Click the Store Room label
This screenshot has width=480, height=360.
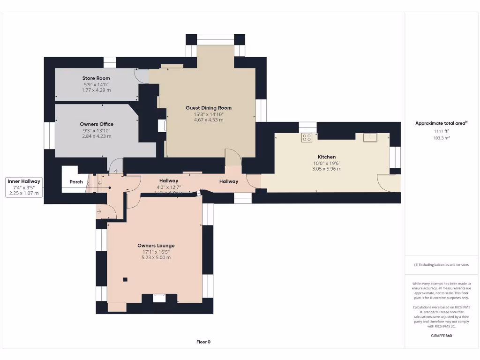point(96,78)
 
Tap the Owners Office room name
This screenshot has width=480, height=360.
point(97,124)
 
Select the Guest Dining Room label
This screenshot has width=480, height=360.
point(209,108)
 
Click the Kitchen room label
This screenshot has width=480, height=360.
point(327,157)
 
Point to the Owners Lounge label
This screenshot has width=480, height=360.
point(156,246)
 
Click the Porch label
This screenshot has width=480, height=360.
point(76,182)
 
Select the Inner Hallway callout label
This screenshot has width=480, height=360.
point(24,181)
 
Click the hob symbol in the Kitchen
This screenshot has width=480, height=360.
point(307,137)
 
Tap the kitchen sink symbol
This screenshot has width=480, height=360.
point(368,137)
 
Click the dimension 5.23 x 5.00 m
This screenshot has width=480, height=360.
point(156,257)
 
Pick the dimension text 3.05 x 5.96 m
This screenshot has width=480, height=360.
point(327,169)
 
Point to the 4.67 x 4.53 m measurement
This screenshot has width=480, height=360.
point(209,120)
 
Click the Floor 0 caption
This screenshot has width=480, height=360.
point(203,342)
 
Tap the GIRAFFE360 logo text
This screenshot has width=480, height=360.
point(441,336)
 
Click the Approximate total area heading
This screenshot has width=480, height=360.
point(441,123)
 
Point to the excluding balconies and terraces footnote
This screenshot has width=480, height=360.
point(441,265)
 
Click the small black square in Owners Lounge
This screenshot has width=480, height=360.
point(125,280)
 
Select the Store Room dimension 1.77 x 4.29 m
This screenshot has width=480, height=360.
point(96,90)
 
